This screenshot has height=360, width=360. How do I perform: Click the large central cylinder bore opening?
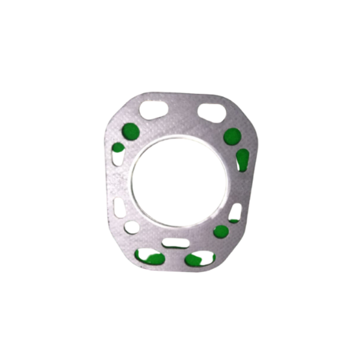click(179, 181)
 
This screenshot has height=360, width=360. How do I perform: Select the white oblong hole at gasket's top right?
click(211, 113)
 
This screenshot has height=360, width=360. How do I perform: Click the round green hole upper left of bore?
click(131, 132)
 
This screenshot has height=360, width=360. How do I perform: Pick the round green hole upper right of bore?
click(232, 136)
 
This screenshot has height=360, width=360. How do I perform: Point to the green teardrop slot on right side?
click(242, 159)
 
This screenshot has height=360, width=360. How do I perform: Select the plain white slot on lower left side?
click(119, 208)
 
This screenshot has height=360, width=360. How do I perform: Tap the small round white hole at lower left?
click(132, 227)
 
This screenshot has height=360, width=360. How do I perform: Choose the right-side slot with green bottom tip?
click(235, 213)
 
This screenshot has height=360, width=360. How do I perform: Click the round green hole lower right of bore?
click(221, 231)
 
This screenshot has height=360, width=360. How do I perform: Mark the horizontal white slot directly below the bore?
click(175, 243)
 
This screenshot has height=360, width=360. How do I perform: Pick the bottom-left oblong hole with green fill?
click(150, 256)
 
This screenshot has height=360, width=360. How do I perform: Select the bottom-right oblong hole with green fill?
click(200, 258)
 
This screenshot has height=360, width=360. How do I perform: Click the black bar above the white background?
click(180, 15)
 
